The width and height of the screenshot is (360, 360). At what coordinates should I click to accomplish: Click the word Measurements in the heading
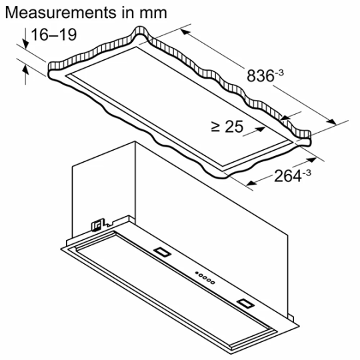point(51,13)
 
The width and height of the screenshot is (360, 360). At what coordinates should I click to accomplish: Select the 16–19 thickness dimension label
point(51,34)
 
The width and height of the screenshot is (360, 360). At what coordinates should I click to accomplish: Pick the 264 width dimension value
point(283,177)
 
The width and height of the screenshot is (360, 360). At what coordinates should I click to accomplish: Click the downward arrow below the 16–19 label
point(25,44)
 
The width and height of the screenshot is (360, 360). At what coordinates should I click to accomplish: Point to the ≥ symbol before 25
point(215,126)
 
